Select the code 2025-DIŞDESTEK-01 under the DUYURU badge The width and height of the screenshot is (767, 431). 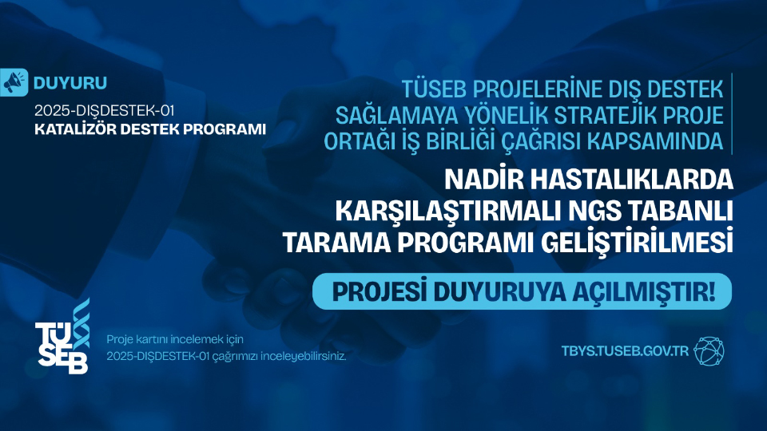coord(104,109)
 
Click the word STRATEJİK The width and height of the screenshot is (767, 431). coord(618,114)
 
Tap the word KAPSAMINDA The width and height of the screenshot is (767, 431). coord(676,141)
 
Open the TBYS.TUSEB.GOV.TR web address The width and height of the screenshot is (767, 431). coord(625,351)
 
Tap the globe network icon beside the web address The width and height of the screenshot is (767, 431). coord(709,350)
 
